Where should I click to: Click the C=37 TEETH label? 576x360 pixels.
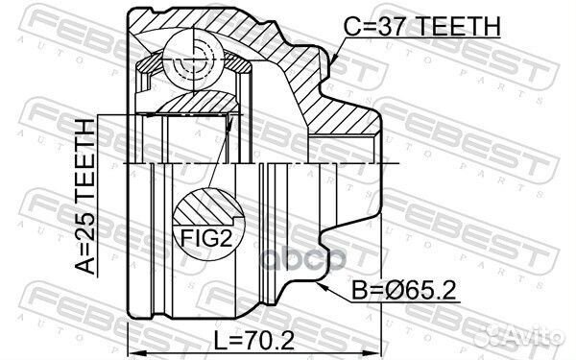point(421,26)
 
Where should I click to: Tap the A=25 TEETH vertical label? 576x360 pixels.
point(85,197)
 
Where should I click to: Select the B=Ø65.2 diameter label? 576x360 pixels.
point(404,290)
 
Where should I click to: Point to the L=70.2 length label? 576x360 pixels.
point(254,341)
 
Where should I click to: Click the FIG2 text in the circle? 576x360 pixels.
point(206,238)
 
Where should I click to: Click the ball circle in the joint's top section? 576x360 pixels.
point(193,59)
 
